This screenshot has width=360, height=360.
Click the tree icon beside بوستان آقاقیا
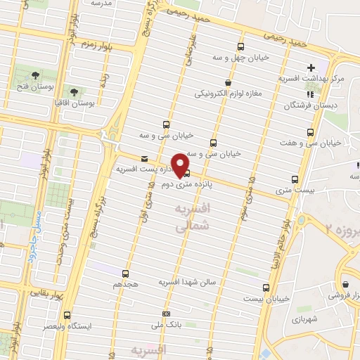pos(74,91)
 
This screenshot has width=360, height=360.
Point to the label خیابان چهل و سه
pos(241,58)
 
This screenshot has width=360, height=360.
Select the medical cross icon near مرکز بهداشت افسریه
pos(311,67)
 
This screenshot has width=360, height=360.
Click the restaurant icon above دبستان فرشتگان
pos(309,94)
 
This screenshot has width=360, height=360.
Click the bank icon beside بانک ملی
pos(166,314)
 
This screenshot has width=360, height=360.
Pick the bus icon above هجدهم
pos(126,273)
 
